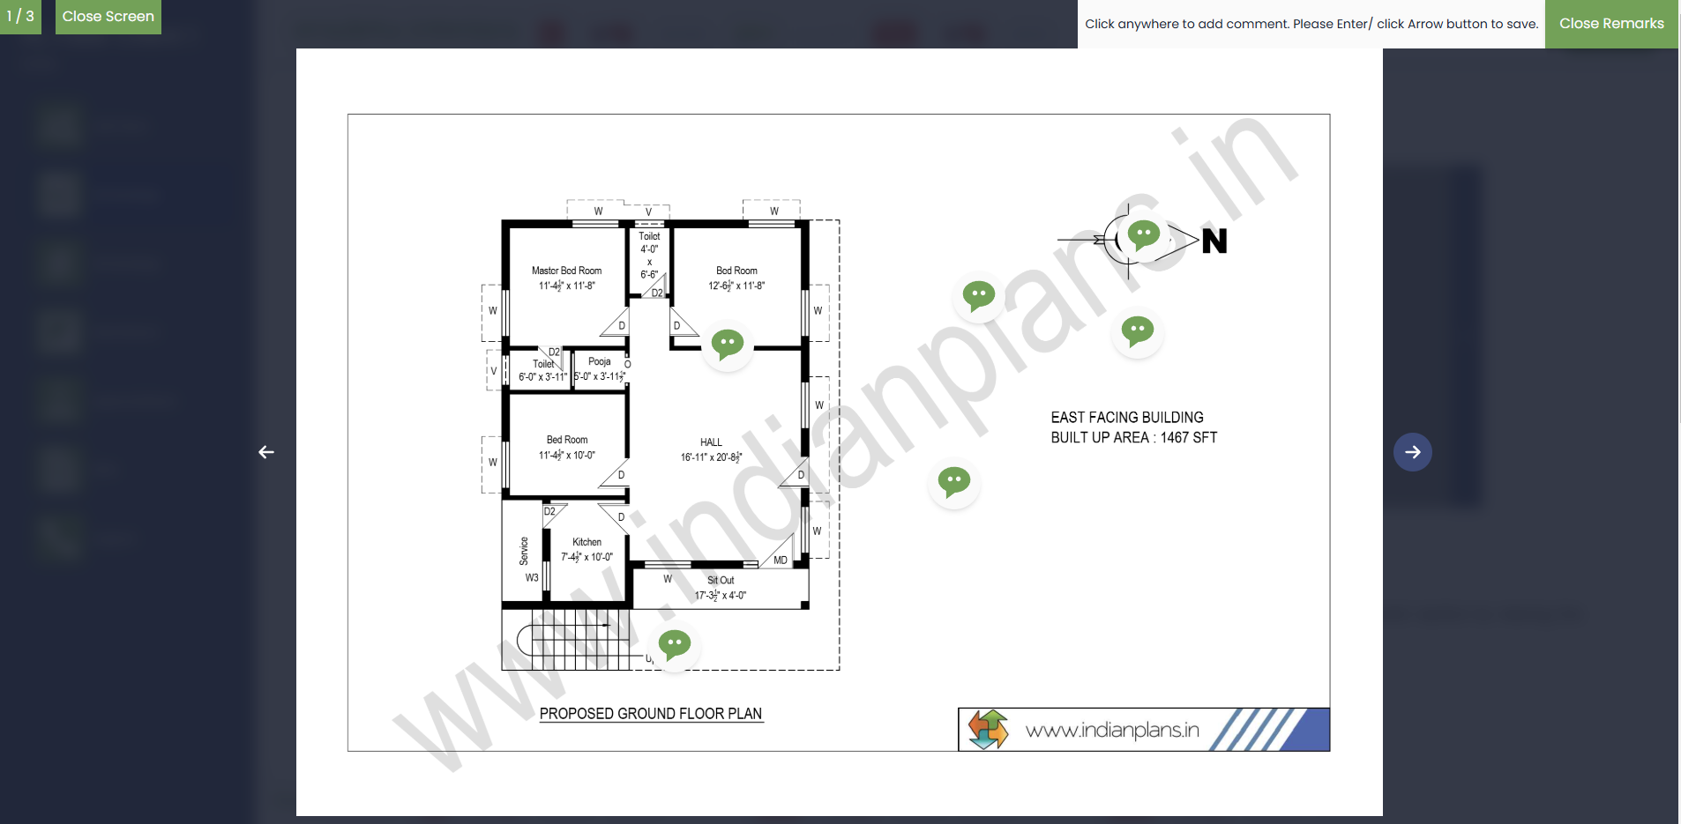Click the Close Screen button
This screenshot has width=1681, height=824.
(x=108, y=17)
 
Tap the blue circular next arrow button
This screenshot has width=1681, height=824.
(x=1412, y=452)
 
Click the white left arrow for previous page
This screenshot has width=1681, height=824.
(x=266, y=452)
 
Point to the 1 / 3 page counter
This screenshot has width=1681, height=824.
(x=20, y=17)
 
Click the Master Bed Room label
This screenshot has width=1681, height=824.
(x=566, y=271)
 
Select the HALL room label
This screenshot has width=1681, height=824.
(x=711, y=442)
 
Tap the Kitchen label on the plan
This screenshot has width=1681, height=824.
(x=586, y=542)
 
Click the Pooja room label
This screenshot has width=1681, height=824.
(x=600, y=361)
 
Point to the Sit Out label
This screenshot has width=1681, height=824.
(x=721, y=580)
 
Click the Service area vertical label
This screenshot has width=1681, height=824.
(x=524, y=551)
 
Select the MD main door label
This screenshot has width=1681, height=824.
(x=781, y=560)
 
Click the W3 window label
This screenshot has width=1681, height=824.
(x=532, y=578)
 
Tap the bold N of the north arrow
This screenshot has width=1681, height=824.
(x=1214, y=241)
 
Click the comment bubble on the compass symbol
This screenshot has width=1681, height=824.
(x=1143, y=235)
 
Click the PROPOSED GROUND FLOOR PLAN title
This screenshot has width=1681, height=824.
(x=651, y=714)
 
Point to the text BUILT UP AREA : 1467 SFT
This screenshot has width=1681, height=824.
(x=1133, y=438)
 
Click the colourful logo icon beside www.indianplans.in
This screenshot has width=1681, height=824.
(x=988, y=730)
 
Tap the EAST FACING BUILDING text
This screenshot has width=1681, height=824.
(x=1126, y=418)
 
